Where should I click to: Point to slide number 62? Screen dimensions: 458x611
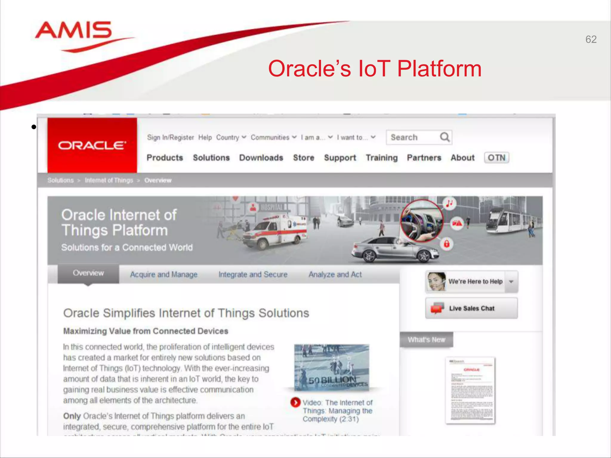pyautogui.click(x=591, y=39)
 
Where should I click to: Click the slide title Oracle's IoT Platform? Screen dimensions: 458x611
pyautogui.click(x=375, y=69)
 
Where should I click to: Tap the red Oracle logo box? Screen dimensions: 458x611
pyautogui.click(x=92, y=145)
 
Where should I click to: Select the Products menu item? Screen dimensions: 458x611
pyautogui.click(x=165, y=158)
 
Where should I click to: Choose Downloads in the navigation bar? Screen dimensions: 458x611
pyautogui.click(x=261, y=158)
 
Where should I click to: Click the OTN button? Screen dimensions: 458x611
pyautogui.click(x=496, y=158)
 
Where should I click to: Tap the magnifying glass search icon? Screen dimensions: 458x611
pyautogui.click(x=445, y=137)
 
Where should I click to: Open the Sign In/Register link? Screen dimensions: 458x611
pyautogui.click(x=170, y=137)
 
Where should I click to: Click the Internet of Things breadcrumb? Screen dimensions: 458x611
pyautogui.click(x=109, y=180)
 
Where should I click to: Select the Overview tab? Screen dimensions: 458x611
pyautogui.click(x=88, y=273)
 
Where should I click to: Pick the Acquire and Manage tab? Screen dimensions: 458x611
pyautogui.click(x=164, y=274)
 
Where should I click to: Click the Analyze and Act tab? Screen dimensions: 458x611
pyautogui.click(x=335, y=274)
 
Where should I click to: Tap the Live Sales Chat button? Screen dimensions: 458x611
pyautogui.click(x=471, y=308)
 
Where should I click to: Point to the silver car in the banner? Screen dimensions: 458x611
pyautogui.click(x=394, y=249)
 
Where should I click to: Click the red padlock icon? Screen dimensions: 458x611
pyautogui.click(x=447, y=244)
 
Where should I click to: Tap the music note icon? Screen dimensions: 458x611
pyautogui.click(x=449, y=204)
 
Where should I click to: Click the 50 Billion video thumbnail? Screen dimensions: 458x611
pyautogui.click(x=331, y=367)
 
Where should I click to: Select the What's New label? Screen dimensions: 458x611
pyautogui.click(x=426, y=340)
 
